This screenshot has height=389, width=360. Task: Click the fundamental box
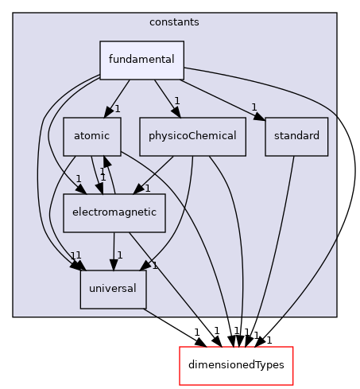click(x=141, y=60)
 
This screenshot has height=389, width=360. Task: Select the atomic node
click(x=92, y=136)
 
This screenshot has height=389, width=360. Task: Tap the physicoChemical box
click(x=192, y=136)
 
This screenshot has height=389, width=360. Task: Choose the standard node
click(x=296, y=136)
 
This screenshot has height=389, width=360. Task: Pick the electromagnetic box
click(x=114, y=212)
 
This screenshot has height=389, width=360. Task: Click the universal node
click(x=113, y=289)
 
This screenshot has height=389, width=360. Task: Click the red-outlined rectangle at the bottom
click(x=236, y=366)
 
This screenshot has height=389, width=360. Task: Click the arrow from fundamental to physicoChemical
click(x=168, y=98)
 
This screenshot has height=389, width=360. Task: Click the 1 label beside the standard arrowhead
click(x=254, y=107)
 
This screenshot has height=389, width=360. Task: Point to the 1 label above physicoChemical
click(x=177, y=101)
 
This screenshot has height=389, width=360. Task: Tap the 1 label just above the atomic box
click(x=117, y=108)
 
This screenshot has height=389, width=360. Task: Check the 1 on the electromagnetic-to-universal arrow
click(x=120, y=255)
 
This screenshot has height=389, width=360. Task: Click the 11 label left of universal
click(x=75, y=255)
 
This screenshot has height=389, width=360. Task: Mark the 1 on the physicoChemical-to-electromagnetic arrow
click(x=147, y=189)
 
